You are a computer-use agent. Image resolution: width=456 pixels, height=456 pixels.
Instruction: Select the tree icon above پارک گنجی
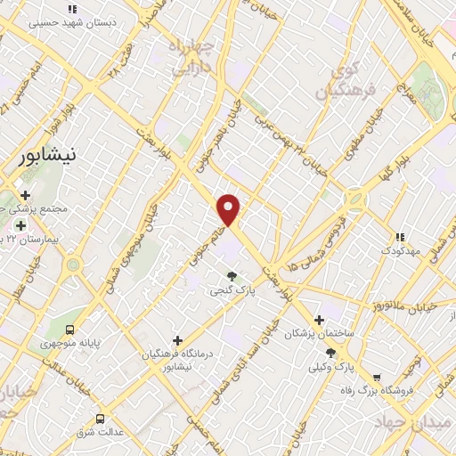pos(232,277)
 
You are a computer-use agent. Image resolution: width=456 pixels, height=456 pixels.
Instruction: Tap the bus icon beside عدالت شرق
pos(100,418)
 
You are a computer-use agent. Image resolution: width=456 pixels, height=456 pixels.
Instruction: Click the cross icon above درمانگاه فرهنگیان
pos(178,340)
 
